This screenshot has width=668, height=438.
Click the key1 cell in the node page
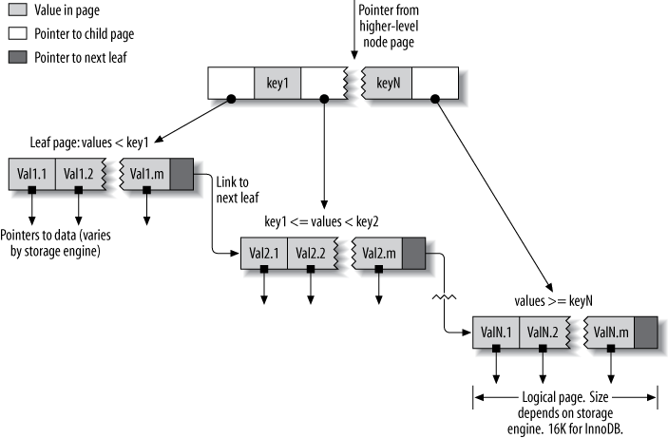[277, 83]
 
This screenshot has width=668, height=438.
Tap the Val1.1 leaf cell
[32, 174]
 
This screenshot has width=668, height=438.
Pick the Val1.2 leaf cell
[79, 174]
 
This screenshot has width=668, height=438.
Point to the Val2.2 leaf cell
[311, 254]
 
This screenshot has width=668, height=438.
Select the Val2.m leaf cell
[377, 254]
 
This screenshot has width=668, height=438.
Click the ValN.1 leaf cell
[496, 333]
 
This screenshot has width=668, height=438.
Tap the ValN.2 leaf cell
[543, 333]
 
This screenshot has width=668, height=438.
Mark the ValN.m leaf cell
[609, 333]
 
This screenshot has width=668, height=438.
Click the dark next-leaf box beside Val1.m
[181, 174]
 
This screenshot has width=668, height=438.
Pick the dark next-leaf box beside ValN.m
[646, 333]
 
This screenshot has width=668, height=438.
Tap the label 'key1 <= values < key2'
[323, 220]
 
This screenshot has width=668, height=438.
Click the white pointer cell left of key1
[230, 83]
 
